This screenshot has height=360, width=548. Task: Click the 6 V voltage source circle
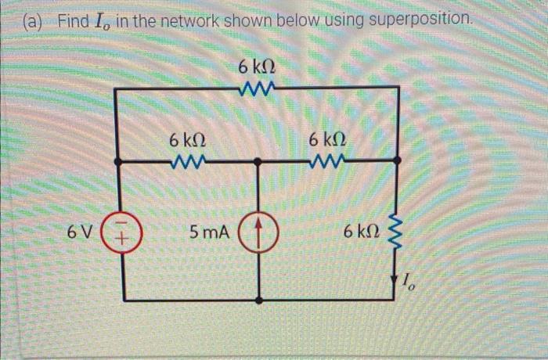point(118,232)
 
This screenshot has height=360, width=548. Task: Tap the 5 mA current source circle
point(259,232)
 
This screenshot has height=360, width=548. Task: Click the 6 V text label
point(79,232)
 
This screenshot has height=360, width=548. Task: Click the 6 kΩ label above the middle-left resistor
point(188,141)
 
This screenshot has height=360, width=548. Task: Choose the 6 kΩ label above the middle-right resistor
point(327,141)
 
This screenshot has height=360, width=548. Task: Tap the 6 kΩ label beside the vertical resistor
point(362,232)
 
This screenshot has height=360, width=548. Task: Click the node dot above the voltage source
point(118,161)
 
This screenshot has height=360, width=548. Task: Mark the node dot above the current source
point(259,161)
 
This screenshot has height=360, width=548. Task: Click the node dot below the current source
point(259,301)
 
